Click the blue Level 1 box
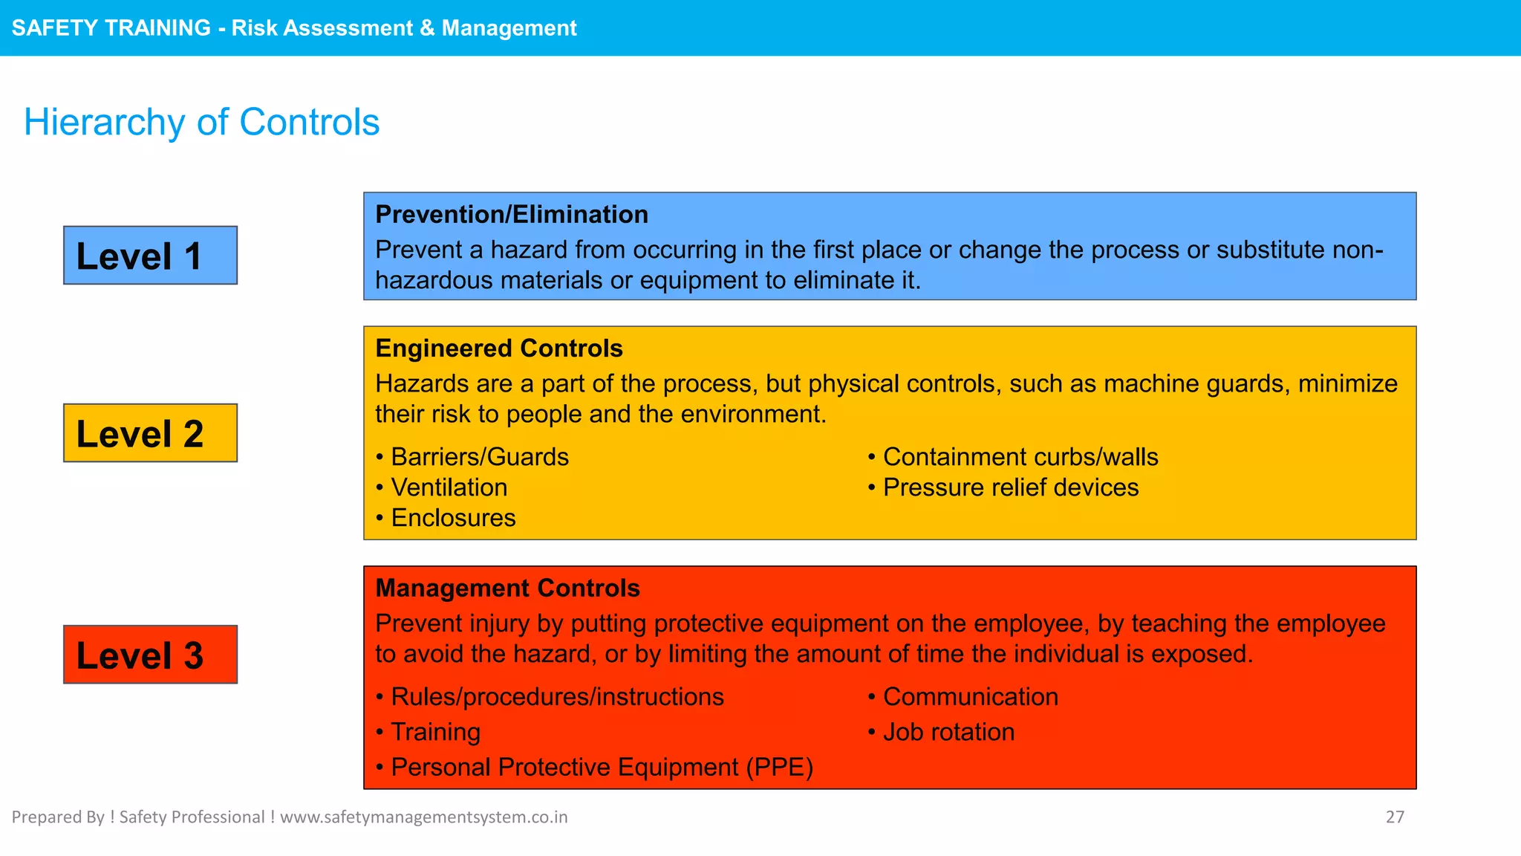[150, 256]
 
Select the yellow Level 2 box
[150, 433]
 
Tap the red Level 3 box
[150, 655]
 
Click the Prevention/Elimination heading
[511, 215]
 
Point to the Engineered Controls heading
[498, 348]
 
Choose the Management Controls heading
[507, 588]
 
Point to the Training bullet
[435, 732]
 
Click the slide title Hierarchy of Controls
[201, 122]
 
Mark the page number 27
[1395, 817]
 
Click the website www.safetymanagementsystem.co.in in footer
[423, 817]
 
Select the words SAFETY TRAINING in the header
[111, 28]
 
